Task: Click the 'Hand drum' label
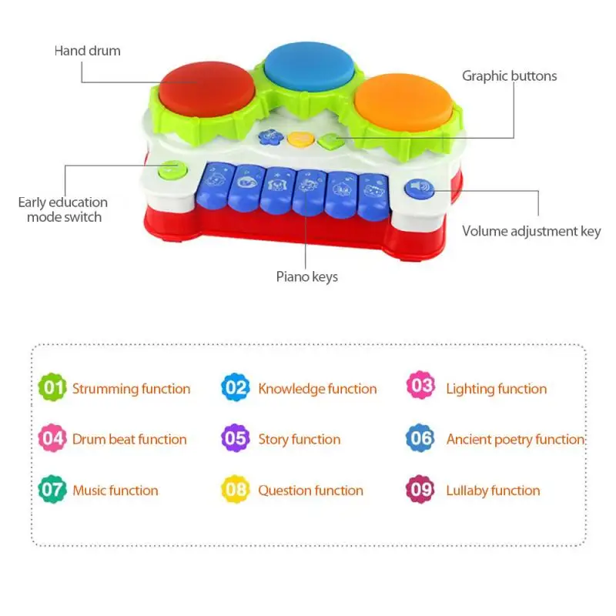click(x=87, y=51)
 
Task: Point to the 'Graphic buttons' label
click(x=509, y=75)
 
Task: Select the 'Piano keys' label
click(x=306, y=276)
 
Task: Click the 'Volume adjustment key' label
click(x=531, y=231)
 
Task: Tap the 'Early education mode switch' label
click(x=63, y=209)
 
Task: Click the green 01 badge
click(x=52, y=387)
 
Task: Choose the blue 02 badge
click(x=236, y=387)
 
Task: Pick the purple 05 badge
click(x=236, y=439)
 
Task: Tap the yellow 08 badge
click(x=236, y=490)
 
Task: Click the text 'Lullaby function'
click(x=493, y=490)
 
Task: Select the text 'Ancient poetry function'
click(x=515, y=440)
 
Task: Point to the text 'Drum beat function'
click(x=129, y=440)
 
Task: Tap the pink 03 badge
click(x=420, y=387)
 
